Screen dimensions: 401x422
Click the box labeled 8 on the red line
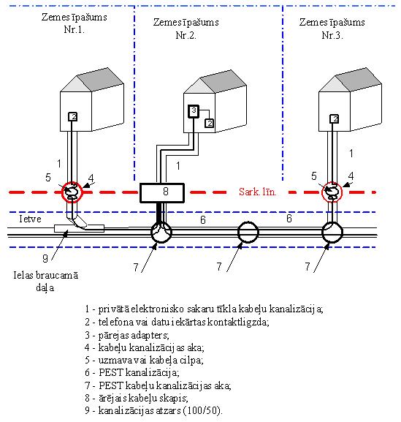point(162,192)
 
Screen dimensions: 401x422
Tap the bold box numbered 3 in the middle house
point(194,111)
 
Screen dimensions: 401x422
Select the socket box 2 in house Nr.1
point(73,116)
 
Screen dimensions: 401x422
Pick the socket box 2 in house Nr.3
point(334,119)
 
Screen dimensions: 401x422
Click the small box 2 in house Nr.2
point(209,123)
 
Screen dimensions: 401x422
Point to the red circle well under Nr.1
point(72,192)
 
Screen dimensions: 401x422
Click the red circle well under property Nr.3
point(332,192)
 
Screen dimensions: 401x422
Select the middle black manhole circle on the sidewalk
point(248,232)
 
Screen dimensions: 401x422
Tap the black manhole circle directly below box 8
point(161,232)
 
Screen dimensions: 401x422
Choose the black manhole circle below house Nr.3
point(332,232)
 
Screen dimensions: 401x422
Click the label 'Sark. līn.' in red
point(258,192)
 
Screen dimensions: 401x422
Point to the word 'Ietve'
point(30,219)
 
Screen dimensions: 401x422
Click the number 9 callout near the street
point(45,258)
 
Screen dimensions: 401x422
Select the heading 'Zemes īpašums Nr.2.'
point(186,29)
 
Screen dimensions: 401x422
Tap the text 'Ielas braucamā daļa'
point(46,282)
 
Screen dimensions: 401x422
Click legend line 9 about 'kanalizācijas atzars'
point(153,410)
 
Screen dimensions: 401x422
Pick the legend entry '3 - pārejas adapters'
point(127,336)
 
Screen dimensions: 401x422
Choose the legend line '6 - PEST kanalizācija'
point(132,373)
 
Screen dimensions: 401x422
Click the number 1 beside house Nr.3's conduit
point(351,154)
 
